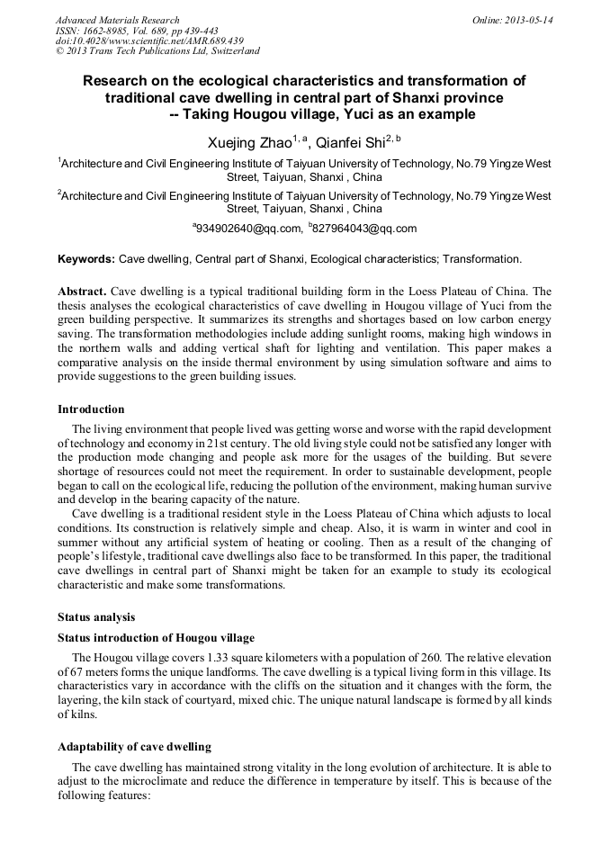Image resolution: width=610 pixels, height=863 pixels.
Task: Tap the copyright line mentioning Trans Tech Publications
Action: click(157, 51)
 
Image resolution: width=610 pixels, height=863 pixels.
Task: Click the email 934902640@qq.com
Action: click(247, 229)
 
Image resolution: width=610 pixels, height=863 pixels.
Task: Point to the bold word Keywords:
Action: click(86, 259)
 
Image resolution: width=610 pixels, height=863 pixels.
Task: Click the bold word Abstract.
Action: click(82, 292)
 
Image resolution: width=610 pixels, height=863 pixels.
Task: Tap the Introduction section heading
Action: click(91, 409)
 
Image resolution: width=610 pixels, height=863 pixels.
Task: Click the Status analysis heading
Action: click(96, 616)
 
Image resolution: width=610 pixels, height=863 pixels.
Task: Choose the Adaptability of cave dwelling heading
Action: click(134, 746)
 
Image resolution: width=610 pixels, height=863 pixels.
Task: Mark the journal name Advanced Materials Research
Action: click(117, 20)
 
